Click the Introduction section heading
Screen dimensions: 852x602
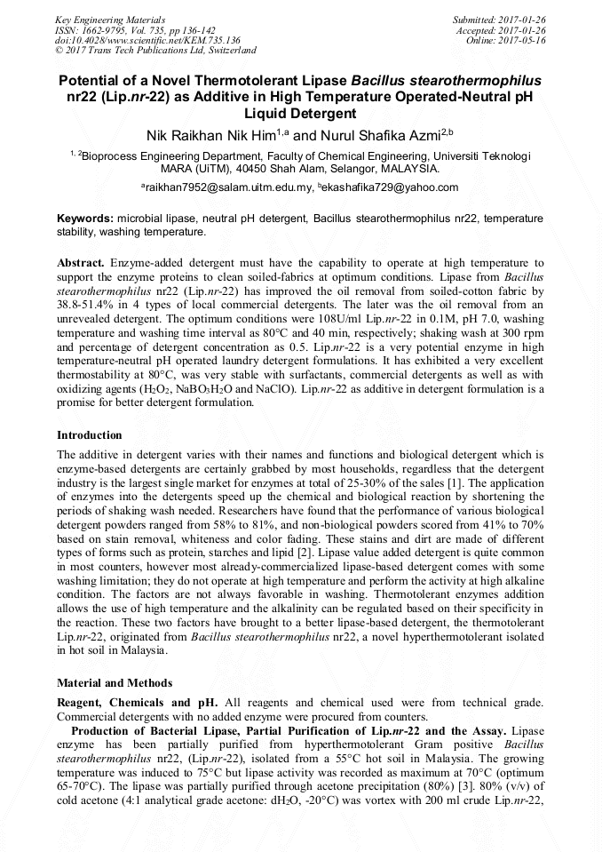click(90, 435)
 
